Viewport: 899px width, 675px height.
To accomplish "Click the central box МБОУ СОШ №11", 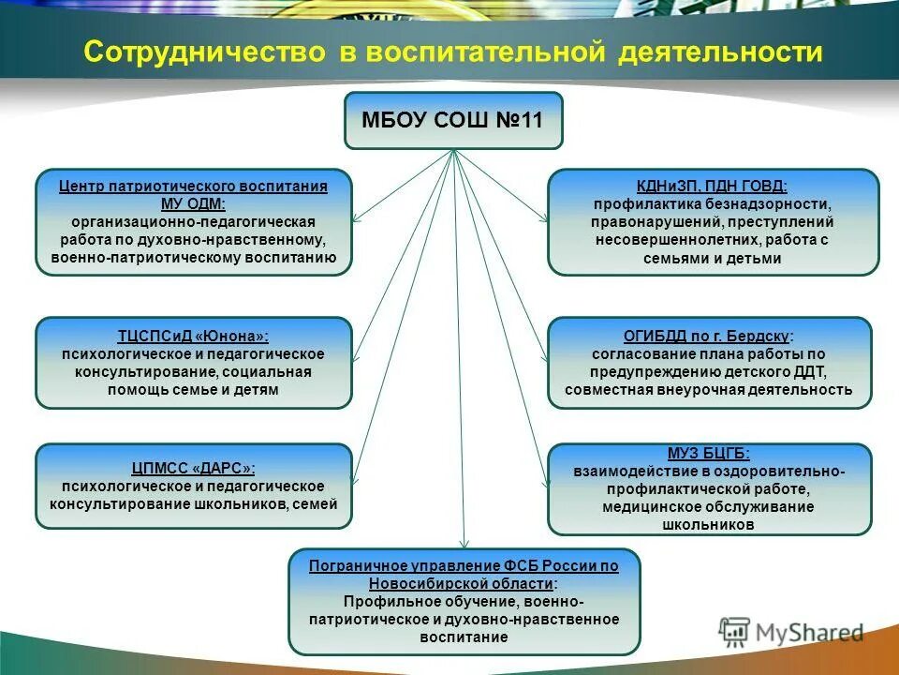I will [x=453, y=121].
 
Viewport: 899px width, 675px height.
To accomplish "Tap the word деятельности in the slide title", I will [x=720, y=52].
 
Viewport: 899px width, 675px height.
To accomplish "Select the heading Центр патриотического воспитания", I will [x=193, y=187].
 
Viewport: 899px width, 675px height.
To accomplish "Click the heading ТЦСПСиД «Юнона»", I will [x=193, y=336].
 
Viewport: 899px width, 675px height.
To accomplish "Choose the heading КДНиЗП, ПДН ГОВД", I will [x=713, y=187].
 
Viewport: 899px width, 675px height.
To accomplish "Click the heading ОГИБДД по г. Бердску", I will [x=709, y=336].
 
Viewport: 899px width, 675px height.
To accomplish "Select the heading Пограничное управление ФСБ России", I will [x=464, y=566].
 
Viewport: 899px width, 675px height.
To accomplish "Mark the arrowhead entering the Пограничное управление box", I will [x=464, y=543].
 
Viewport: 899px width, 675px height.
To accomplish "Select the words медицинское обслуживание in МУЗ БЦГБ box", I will [x=709, y=507].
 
